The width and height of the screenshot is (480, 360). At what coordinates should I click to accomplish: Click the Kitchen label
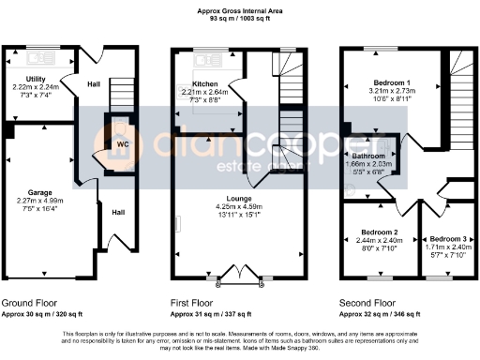pos(206,83)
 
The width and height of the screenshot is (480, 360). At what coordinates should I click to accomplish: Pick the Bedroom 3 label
pos(442,231)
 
